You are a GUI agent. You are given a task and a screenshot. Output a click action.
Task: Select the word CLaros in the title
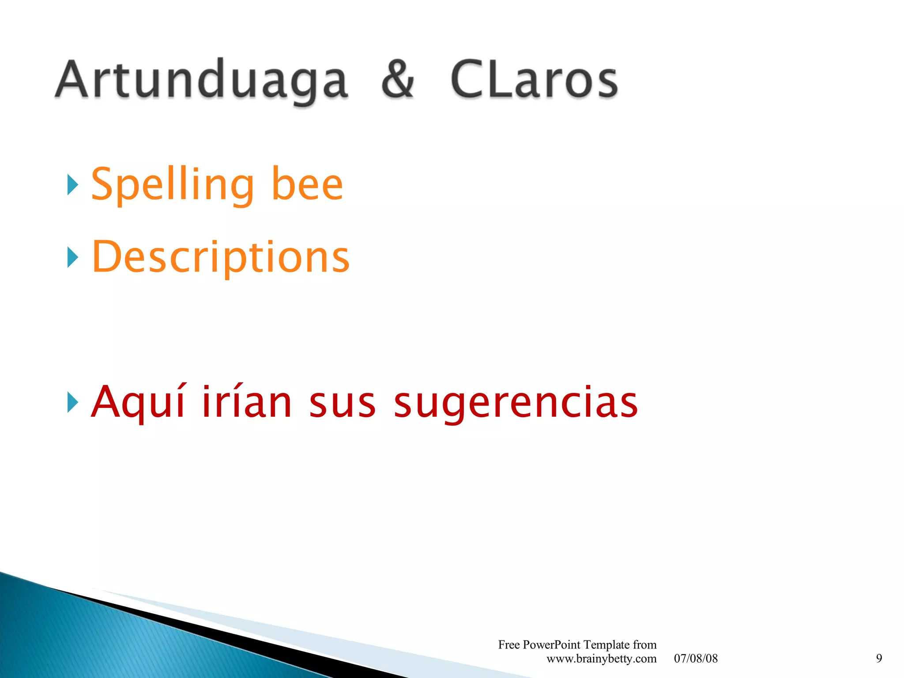click(x=534, y=79)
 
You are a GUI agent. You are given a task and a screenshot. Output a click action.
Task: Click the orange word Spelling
click(x=173, y=185)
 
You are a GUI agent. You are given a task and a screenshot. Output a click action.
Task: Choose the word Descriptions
click(x=221, y=257)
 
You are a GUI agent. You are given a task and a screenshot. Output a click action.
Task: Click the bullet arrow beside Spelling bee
click(x=73, y=185)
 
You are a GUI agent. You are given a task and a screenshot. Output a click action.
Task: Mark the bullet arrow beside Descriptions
click(x=73, y=257)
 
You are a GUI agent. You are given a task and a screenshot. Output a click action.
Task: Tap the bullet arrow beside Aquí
click(x=73, y=402)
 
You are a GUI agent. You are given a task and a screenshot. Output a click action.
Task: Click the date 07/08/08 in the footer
click(x=696, y=659)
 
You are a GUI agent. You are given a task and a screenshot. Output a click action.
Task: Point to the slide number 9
click(x=879, y=659)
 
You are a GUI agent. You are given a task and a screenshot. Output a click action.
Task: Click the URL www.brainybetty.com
click(x=601, y=659)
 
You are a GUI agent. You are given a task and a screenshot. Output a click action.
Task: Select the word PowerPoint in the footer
click(x=551, y=645)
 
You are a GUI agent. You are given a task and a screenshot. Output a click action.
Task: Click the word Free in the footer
click(x=508, y=645)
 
